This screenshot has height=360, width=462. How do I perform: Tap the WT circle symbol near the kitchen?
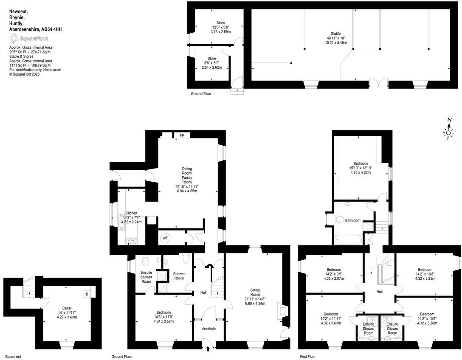tap(165, 239)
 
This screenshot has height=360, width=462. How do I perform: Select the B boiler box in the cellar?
tap(87, 294)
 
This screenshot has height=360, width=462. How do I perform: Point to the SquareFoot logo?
tap(29, 38)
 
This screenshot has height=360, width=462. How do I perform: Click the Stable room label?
tap(336, 34)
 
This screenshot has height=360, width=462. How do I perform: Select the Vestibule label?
tap(208, 329)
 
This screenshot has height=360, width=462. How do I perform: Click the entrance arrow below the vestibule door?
tap(208, 349)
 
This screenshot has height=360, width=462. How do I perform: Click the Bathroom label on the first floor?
tap(353, 220)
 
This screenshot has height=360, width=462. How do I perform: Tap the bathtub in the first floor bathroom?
tap(348, 240)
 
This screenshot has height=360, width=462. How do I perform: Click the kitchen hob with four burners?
tap(132, 241)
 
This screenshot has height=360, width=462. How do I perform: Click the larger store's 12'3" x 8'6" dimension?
tap(220, 27)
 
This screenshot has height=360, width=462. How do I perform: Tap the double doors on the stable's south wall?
tap(378, 83)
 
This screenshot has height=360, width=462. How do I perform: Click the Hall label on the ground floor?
tap(203, 292)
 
